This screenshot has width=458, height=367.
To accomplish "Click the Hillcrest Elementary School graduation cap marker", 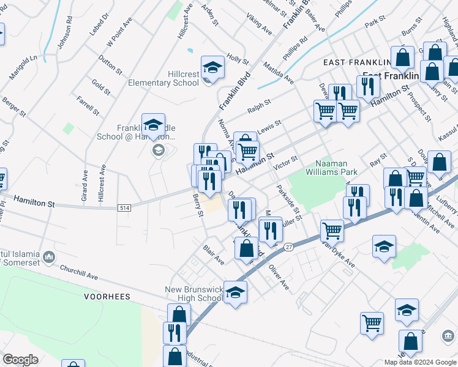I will coord(212,67).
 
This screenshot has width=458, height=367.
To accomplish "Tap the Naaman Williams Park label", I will coord(336,168).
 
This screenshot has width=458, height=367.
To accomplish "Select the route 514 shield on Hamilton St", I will coord(125,208).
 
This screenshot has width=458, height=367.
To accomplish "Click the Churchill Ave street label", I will coord(79,272).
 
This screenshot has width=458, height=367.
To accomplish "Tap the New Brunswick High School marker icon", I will coord(235,292).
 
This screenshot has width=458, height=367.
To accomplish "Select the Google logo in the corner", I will coord(21,360).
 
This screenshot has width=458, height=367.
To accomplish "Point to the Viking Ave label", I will coord(259,26).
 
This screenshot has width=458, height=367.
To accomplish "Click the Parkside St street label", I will coord(288,204).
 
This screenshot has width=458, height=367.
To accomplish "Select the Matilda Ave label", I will coord(279,72).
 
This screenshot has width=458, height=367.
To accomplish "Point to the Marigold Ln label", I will coord(23,67).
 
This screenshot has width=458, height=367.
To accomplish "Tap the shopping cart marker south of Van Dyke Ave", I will coord(372,324).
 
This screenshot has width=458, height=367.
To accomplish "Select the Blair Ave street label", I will coord(214,256).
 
